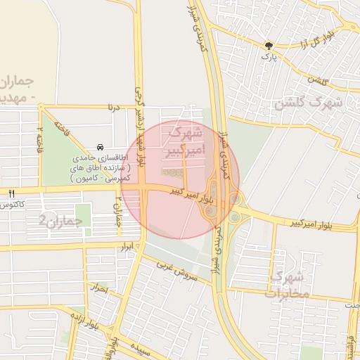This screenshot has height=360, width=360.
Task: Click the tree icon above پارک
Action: point(267,44)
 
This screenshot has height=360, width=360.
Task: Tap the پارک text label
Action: point(267,55)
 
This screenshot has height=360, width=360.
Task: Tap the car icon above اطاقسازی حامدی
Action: point(102,147)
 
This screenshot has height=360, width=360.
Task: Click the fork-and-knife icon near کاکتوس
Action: point(12,193)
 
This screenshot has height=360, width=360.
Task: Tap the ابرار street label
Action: point(127,248)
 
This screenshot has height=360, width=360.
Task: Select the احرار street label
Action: point(98,288)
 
